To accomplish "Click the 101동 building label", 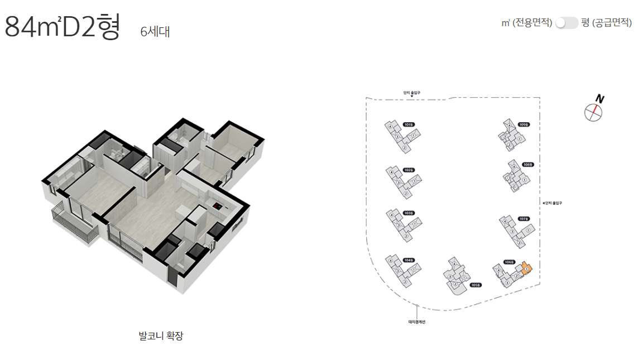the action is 408,124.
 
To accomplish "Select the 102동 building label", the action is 409,170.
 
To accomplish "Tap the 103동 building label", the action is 409,213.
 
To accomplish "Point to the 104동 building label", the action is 409,260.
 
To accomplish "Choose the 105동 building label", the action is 476,285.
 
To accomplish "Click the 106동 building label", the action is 508,262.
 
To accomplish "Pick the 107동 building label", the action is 523,219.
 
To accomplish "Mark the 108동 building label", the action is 528,165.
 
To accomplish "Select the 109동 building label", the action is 523,124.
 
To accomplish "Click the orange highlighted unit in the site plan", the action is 527,269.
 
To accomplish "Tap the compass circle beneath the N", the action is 593,112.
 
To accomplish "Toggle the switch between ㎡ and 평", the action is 567,23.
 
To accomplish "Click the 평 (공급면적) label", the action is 606,23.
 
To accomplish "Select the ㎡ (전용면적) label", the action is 527,23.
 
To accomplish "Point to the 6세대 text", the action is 155,32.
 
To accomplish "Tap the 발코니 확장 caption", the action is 161,336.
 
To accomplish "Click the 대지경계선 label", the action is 417,321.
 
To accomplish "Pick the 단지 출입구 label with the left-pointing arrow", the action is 552,203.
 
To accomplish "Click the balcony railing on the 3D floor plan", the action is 74,223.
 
